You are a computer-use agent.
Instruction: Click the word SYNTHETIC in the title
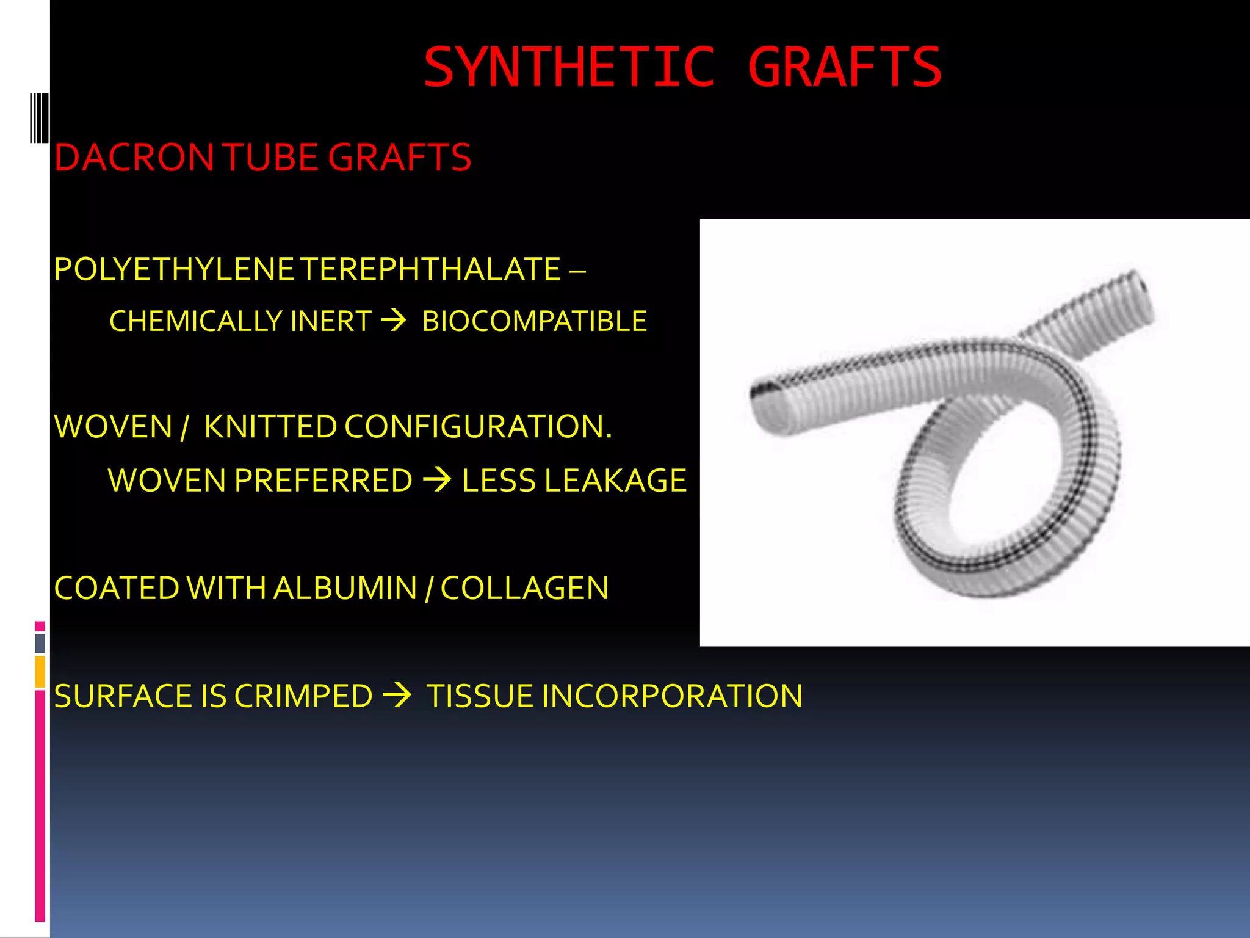pyautogui.click(x=569, y=67)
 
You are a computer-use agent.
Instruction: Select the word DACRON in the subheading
pyautogui.click(x=134, y=158)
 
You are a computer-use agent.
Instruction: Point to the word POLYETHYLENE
pyautogui.click(x=174, y=269)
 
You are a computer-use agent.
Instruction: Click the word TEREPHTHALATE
pyautogui.click(x=430, y=269)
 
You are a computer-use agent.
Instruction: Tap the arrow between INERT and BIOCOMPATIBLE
pyautogui.click(x=394, y=320)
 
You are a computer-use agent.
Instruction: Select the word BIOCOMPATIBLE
pyautogui.click(x=534, y=321)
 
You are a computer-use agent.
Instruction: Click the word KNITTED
pyautogui.click(x=270, y=426)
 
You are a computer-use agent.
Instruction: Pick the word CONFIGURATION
pyautogui.click(x=477, y=426)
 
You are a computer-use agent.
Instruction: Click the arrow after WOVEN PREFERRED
pyautogui.click(x=437, y=480)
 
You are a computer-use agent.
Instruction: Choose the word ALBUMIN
pyautogui.click(x=345, y=588)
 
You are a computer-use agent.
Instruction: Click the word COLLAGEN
pyautogui.click(x=524, y=588)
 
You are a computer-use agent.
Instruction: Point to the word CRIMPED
pyautogui.click(x=303, y=696)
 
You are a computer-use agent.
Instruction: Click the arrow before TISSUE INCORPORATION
pyautogui.click(x=397, y=696)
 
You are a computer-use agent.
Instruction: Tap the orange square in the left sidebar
pyautogui.click(x=40, y=672)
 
